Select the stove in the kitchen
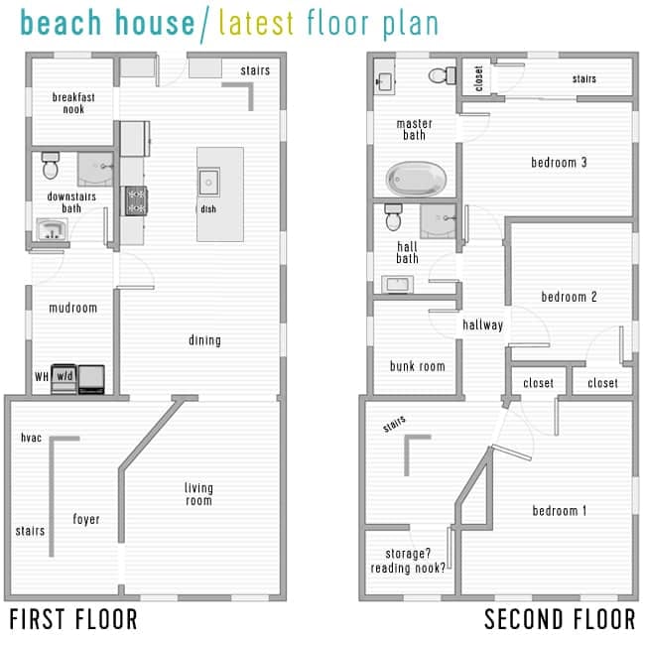[134, 199]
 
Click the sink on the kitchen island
[209, 181]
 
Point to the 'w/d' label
[64, 376]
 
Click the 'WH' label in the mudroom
[41, 376]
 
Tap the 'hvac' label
[30, 438]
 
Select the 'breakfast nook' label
[68, 102]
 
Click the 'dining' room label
[204, 340]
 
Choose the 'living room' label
[198, 494]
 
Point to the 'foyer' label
[86, 519]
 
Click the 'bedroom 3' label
[559, 162]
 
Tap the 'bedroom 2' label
[569, 296]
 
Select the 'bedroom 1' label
[559, 510]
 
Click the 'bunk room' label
[417, 366]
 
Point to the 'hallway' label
[482, 324]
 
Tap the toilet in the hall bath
[394, 215]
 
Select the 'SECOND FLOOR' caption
[560, 620]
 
